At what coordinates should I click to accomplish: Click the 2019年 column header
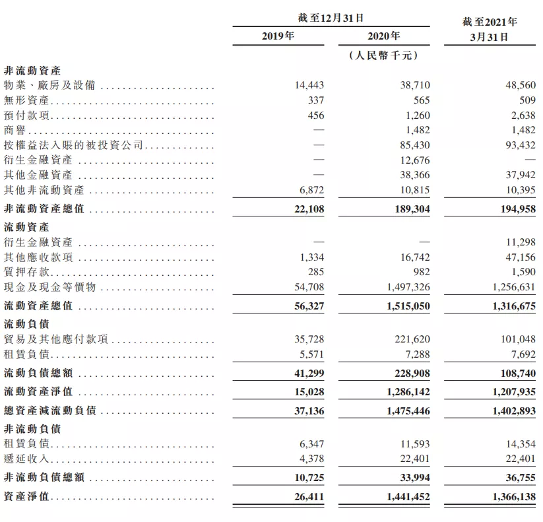click(x=278, y=36)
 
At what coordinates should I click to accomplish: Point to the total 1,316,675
click(x=512, y=307)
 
